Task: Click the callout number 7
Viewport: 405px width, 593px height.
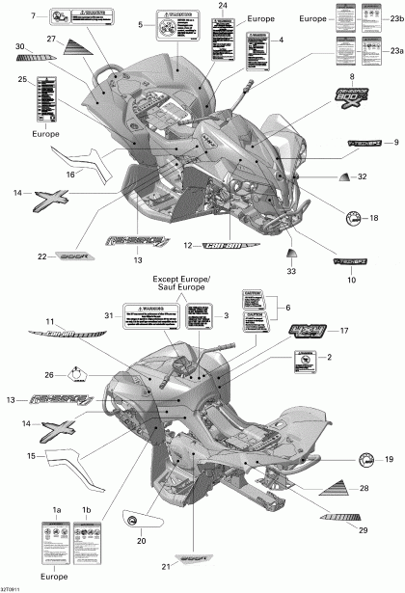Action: point(34,16)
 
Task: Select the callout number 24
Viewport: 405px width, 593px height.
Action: point(224,7)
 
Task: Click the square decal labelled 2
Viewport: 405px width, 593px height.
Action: point(305,361)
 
